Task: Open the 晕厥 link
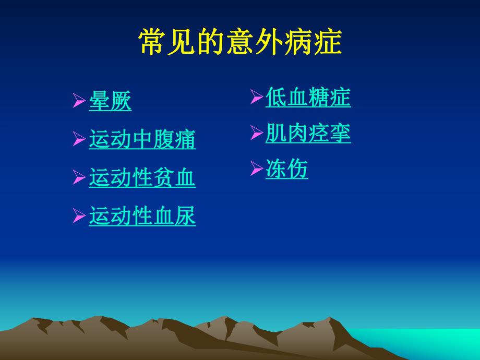[x=110, y=101]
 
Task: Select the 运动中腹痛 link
[x=142, y=139]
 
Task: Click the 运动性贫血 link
[x=142, y=178]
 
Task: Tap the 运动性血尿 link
[x=142, y=216]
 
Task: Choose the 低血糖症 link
[x=308, y=98]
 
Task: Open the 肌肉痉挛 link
[x=308, y=134]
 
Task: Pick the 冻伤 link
[x=286, y=169]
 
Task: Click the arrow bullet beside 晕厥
[x=79, y=101]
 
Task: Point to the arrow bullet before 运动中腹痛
[x=79, y=139]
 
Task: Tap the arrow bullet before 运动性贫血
[x=79, y=178]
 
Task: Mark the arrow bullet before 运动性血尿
[x=79, y=216]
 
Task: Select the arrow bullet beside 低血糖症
[x=256, y=97]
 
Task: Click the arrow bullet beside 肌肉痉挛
[x=256, y=134]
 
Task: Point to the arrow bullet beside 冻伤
[x=256, y=169]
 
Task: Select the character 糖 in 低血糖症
[x=318, y=98]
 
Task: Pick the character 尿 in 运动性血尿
[x=185, y=216]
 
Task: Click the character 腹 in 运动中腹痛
[x=164, y=139]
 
